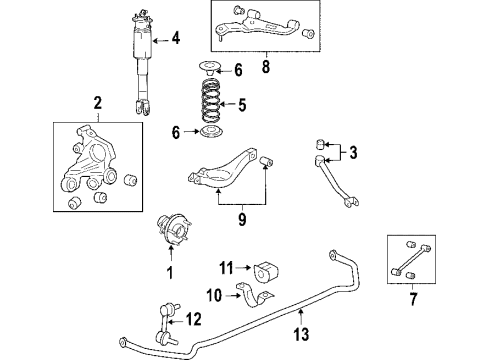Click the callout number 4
(x=176, y=40)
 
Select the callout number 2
(x=97, y=102)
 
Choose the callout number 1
(x=169, y=272)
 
